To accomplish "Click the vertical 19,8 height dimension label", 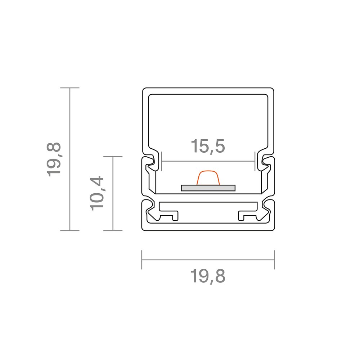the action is point(54,159).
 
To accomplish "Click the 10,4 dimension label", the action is point(97,194).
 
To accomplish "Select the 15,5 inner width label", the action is point(208,146).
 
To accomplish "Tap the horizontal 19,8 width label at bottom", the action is point(208,276).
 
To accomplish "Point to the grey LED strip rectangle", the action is point(208,188).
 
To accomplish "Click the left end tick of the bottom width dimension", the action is point(142,260).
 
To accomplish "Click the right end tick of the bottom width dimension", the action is point(275,260).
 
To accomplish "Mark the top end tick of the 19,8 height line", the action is point(70,88).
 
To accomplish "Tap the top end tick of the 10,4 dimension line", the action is point(113,156).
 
